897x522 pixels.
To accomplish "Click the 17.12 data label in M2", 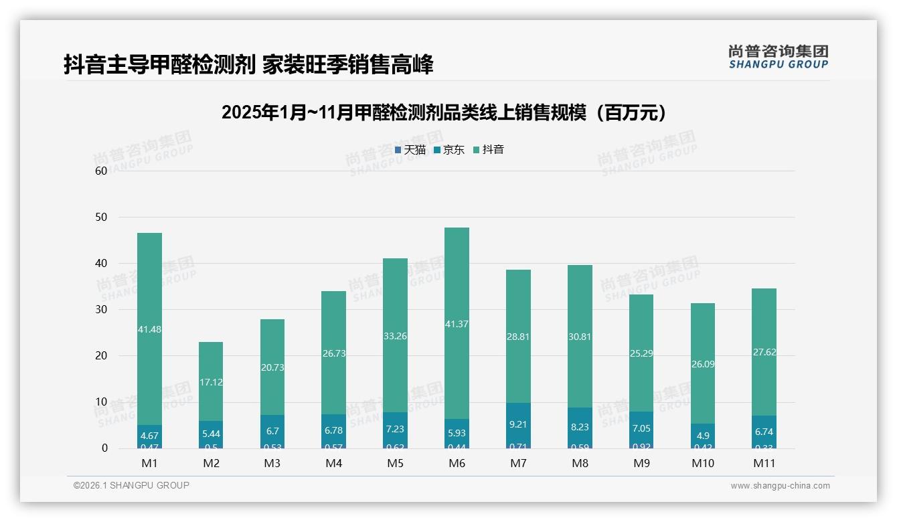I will point(211,382).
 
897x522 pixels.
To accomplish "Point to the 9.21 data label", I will point(518,424).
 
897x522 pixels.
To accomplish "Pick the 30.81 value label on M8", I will point(580,337).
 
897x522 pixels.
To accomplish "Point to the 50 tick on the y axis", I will point(101,217).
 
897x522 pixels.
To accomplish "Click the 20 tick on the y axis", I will point(101,356).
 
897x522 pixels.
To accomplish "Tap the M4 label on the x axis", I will point(333,463).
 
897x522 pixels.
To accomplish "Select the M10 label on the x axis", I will point(702,463).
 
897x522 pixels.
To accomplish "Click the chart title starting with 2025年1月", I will point(446,112).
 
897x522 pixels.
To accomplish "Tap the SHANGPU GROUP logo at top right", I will point(778,57).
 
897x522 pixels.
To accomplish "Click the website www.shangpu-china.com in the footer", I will point(780,486).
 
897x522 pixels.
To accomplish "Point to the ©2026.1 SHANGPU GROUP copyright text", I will point(131,485).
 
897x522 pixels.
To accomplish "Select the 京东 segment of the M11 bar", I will point(764,431).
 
